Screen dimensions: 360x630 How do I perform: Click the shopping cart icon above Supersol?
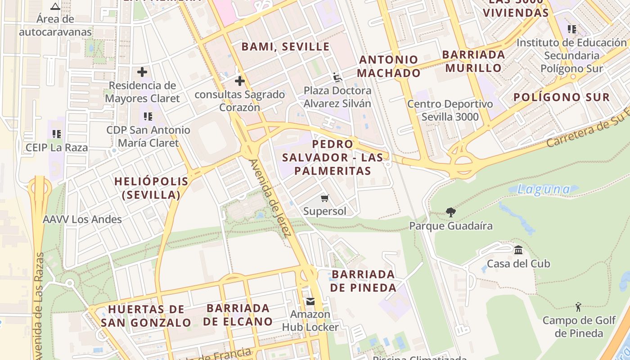(325, 198)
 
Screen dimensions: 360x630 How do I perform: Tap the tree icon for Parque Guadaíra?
(450, 212)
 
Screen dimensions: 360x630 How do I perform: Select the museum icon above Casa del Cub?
(518, 250)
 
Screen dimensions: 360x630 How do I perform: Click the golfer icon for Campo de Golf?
(578, 307)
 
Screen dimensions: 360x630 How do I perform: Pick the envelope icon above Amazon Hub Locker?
(310, 301)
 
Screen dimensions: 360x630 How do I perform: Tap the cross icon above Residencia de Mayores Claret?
(142, 72)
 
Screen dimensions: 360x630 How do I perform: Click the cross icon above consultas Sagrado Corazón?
(240, 81)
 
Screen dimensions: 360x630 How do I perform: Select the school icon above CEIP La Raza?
(56, 134)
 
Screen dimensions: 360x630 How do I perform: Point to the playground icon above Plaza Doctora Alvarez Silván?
(337, 77)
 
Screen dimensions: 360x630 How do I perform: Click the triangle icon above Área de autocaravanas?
(55, 6)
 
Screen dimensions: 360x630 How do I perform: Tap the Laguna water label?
(543, 189)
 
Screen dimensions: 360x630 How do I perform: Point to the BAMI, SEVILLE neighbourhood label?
(285, 47)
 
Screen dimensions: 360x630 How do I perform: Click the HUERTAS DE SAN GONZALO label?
(146, 316)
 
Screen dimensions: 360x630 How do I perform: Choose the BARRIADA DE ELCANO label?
(238, 315)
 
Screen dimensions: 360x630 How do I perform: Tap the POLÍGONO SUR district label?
(562, 97)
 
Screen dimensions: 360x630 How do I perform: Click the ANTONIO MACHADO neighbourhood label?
(389, 66)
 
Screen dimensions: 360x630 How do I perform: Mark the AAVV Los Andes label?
(82, 220)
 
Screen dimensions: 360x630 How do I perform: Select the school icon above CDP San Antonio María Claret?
(148, 117)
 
